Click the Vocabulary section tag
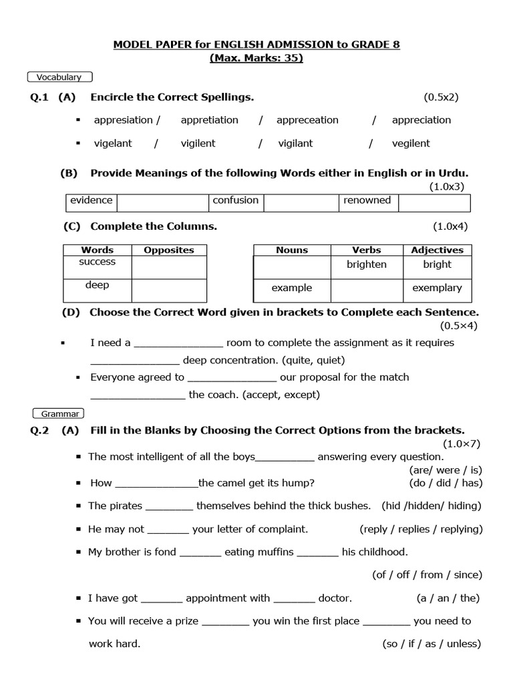click(59, 77)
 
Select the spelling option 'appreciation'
click(421, 120)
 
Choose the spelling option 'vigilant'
click(295, 143)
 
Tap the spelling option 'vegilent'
click(411, 143)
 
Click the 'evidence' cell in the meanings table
click(92, 200)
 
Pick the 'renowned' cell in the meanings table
click(367, 200)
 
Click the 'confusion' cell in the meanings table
click(235, 200)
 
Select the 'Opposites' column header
click(169, 250)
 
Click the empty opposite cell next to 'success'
click(169, 267)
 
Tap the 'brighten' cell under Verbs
click(366, 265)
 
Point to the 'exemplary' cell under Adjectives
click(437, 288)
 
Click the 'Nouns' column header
click(292, 250)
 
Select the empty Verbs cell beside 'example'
click(366, 289)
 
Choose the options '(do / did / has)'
click(446, 483)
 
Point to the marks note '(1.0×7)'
click(461, 444)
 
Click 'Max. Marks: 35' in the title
click(256, 58)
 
